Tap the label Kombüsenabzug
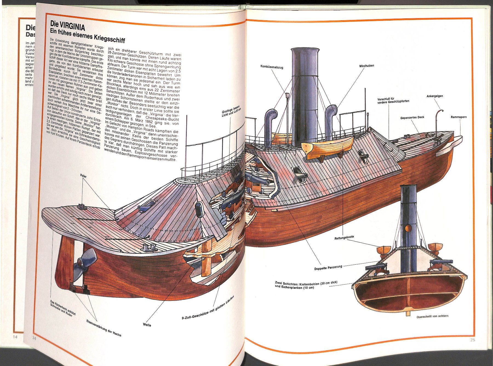271,67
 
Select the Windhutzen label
366,66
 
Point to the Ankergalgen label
435,96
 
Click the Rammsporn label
458,117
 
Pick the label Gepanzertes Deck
412,117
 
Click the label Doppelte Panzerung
328,267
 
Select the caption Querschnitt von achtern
432,316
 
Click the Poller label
83,176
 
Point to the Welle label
147,325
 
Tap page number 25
472,340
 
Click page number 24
34,338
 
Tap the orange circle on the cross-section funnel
408,229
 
